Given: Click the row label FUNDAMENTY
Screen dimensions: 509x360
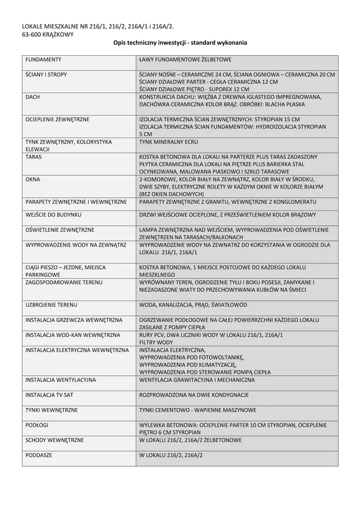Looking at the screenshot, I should click(43, 60).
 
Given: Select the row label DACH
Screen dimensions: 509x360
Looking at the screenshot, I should click(32, 97).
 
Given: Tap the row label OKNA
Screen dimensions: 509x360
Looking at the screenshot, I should click(33, 178).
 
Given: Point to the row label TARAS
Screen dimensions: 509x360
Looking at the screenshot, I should click(34, 157).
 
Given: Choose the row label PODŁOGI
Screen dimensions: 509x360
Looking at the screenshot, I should click(37, 425).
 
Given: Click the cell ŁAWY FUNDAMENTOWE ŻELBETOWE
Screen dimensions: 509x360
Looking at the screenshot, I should click(185, 60).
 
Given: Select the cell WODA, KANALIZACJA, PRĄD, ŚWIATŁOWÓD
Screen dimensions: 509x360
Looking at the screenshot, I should click(193, 304).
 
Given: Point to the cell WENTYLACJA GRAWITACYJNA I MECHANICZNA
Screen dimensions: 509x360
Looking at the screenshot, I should click(197, 380).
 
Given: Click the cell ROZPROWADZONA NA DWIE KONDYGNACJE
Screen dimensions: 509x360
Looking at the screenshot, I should click(194, 395).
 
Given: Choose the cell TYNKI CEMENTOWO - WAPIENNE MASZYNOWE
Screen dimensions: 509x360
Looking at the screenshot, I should click(198, 410).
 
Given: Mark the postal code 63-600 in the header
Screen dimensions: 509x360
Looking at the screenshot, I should click(33, 34).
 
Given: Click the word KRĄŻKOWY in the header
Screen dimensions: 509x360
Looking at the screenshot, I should click(60, 34).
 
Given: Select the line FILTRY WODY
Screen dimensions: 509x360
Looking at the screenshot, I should click(156, 342).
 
